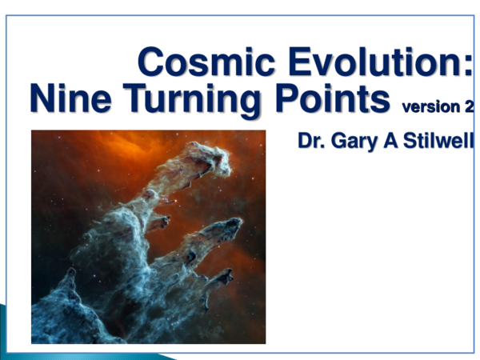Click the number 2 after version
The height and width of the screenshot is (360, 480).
pos(468,106)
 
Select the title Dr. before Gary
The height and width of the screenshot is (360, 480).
pos(311,142)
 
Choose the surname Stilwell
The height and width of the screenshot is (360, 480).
pos(439,142)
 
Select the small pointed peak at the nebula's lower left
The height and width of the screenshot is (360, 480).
pos(70,273)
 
